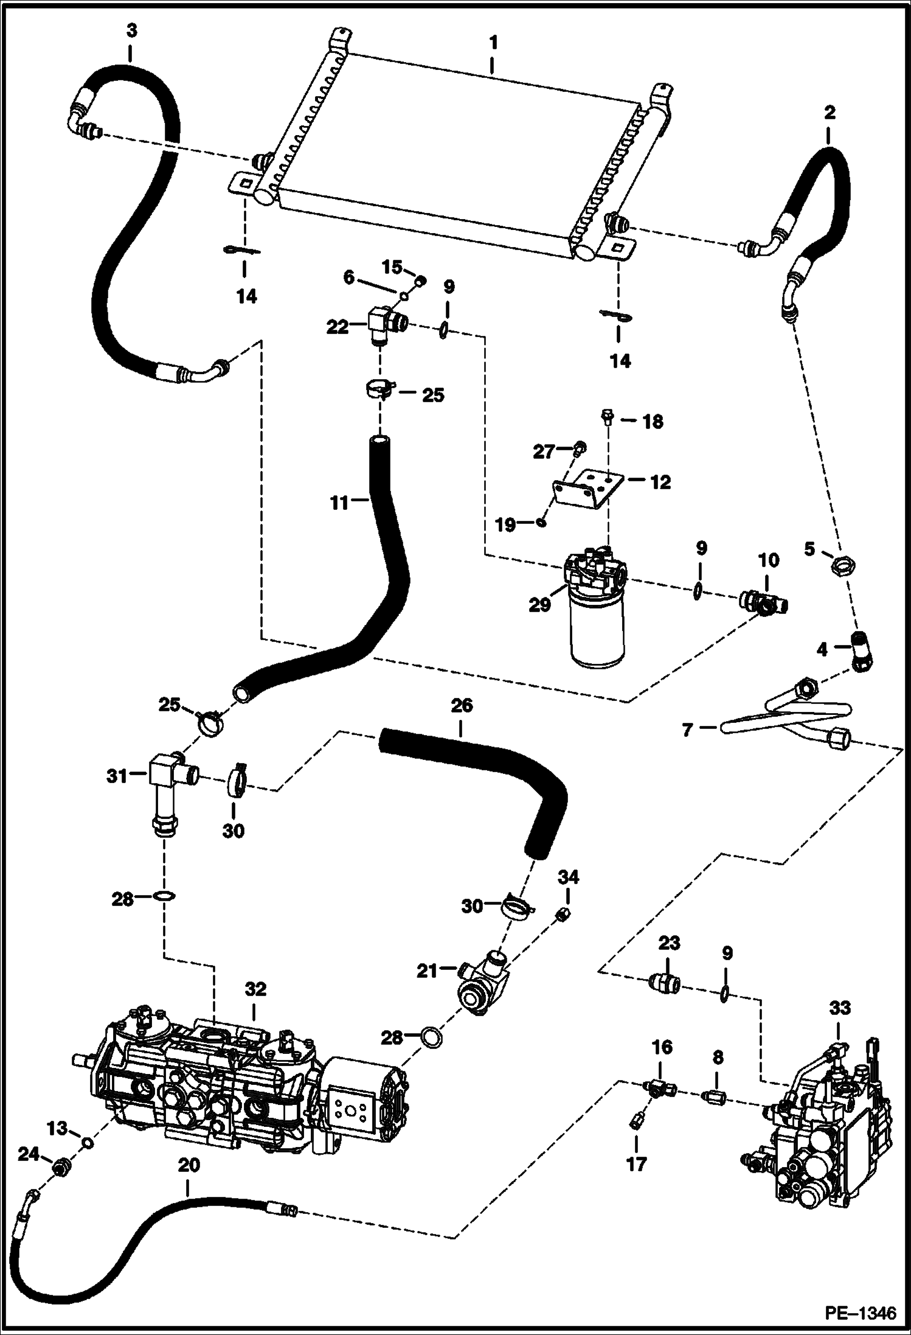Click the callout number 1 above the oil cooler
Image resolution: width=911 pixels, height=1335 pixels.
[493, 43]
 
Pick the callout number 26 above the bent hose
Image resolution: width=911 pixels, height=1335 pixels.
[461, 706]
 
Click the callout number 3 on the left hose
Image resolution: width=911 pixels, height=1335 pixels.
[131, 31]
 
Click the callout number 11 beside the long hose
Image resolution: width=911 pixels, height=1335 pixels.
[339, 503]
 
